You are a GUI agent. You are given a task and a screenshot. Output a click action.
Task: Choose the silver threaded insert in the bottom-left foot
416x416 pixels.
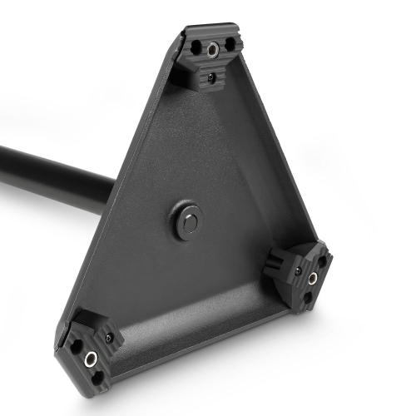(x=90, y=359)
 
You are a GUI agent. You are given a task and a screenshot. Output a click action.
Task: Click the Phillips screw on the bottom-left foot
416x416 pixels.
(x=109, y=338)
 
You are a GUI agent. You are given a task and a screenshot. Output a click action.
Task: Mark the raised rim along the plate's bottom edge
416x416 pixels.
(x=208, y=333)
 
